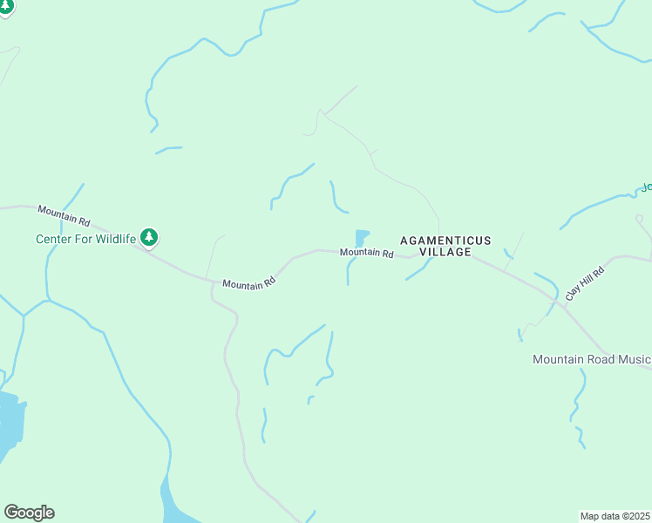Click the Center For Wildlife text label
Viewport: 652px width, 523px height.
coord(85,239)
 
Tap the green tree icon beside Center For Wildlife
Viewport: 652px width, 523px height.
coord(150,236)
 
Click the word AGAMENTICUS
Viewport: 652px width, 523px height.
coord(445,240)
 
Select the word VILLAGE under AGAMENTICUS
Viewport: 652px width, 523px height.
coord(445,252)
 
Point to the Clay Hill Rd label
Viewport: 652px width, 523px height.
coord(585,284)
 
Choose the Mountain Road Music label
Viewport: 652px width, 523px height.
coord(592,359)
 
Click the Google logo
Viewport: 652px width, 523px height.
coord(29,513)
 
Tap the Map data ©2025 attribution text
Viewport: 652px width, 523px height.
coord(615,516)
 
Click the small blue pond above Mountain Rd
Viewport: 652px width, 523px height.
coord(361,237)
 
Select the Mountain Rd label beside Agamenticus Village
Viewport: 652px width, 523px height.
coord(367,253)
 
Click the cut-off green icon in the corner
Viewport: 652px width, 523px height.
coord(5,7)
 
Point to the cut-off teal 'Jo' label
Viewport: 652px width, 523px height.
coord(647,187)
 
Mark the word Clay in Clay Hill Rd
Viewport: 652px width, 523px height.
coord(572,293)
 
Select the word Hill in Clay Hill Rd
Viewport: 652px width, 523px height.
coord(584,284)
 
